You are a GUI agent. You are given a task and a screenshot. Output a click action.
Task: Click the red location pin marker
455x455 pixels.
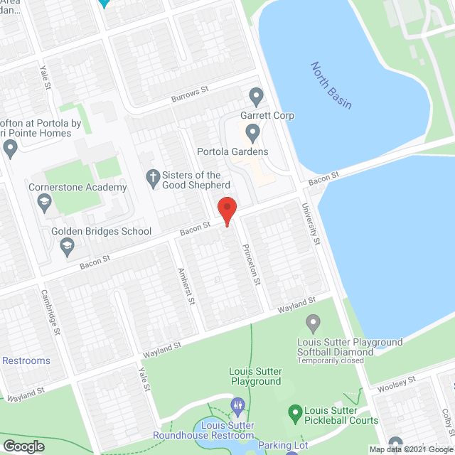point(227,211)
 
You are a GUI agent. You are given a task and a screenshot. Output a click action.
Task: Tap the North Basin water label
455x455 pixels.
point(331,85)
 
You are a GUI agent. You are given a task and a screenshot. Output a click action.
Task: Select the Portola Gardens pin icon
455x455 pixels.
point(252,132)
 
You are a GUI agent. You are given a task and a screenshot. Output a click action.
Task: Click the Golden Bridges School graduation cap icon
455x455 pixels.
point(68,247)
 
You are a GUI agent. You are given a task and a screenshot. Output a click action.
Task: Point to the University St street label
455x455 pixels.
point(310,223)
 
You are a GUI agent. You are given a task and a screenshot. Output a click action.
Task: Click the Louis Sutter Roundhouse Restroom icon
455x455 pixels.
point(238,407)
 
